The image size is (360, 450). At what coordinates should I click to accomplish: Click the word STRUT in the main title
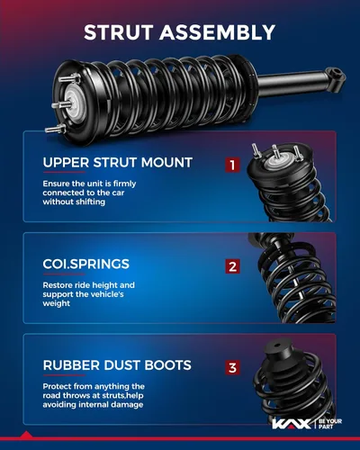coord(119,32)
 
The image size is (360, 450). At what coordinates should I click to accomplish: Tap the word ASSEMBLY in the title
coord(217,32)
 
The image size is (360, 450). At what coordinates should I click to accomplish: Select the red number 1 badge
coord(232,165)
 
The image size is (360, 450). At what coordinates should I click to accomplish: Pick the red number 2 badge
coord(232,266)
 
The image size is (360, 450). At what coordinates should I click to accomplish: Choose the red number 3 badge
coord(232,367)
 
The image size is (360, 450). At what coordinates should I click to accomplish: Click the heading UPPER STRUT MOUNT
coord(118,163)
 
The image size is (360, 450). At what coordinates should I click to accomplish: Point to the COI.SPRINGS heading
coord(86,264)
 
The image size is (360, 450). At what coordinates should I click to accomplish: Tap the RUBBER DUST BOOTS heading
coord(117,365)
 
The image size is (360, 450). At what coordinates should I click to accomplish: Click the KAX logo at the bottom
coord(292,424)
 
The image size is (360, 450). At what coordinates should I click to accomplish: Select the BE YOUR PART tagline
coord(330,424)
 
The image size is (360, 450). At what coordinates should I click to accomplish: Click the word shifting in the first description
coord(90,202)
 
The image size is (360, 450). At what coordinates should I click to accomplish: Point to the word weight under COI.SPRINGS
coord(57,303)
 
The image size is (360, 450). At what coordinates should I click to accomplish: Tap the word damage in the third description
coord(127,405)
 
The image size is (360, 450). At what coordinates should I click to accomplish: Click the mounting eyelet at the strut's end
coord(337,73)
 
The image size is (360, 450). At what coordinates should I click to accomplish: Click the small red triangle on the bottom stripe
coord(27,435)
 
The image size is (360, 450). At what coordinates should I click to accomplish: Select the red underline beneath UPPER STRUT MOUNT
coord(64,172)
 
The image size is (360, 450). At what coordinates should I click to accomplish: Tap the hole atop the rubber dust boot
coord(276,345)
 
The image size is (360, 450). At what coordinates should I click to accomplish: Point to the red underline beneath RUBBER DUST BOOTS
coord(64,375)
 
